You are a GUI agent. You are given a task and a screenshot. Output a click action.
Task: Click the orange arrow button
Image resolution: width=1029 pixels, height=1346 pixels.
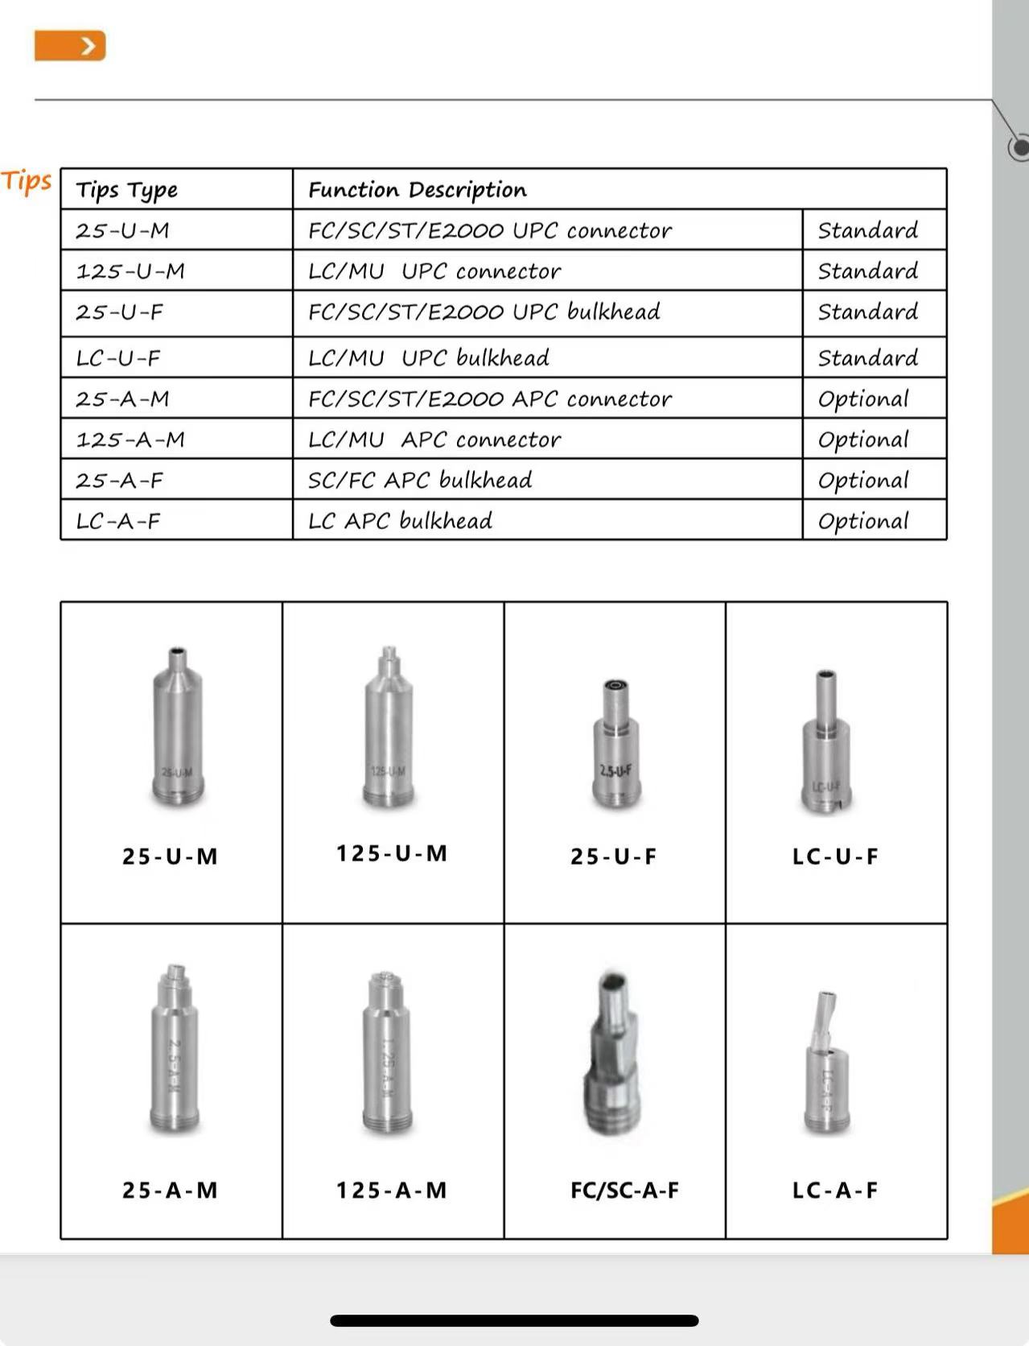[x=70, y=46]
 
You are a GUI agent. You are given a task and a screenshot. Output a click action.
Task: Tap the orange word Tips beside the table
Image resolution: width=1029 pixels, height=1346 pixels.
[x=27, y=181]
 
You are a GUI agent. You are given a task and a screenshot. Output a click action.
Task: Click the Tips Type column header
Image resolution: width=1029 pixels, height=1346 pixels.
[x=127, y=190]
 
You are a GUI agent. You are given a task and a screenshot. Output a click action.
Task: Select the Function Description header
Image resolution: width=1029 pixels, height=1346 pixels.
[x=418, y=190]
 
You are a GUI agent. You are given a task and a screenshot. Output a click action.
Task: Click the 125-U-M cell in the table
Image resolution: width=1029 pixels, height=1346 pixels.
[x=130, y=271]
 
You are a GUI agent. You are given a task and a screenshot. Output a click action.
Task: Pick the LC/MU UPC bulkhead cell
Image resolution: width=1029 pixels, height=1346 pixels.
[x=429, y=357]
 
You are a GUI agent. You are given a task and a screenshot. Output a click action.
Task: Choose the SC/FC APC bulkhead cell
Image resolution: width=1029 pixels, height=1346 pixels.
[x=420, y=480]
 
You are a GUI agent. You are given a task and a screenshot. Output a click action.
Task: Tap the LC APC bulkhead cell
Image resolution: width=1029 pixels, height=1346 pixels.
[x=400, y=521]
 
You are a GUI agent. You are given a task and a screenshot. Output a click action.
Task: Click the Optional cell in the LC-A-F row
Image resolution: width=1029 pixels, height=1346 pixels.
[x=863, y=521]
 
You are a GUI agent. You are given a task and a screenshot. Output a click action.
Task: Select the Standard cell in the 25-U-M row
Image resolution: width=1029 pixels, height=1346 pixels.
[x=867, y=230]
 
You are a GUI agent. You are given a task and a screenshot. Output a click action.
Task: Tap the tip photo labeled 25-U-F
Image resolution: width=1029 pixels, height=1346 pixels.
[x=615, y=745]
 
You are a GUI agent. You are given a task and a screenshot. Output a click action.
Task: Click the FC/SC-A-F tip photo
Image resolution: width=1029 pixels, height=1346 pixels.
[x=615, y=1053]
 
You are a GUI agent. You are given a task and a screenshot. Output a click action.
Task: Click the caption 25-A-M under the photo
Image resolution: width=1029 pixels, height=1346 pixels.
[x=170, y=1190]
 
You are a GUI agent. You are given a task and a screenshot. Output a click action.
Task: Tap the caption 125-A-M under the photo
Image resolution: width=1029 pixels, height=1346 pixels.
[x=391, y=1190]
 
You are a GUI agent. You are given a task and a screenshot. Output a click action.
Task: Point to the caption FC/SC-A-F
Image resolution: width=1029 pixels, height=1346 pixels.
[x=624, y=1190]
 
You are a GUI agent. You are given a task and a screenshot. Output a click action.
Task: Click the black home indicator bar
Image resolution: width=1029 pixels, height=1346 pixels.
[x=514, y=1320]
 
